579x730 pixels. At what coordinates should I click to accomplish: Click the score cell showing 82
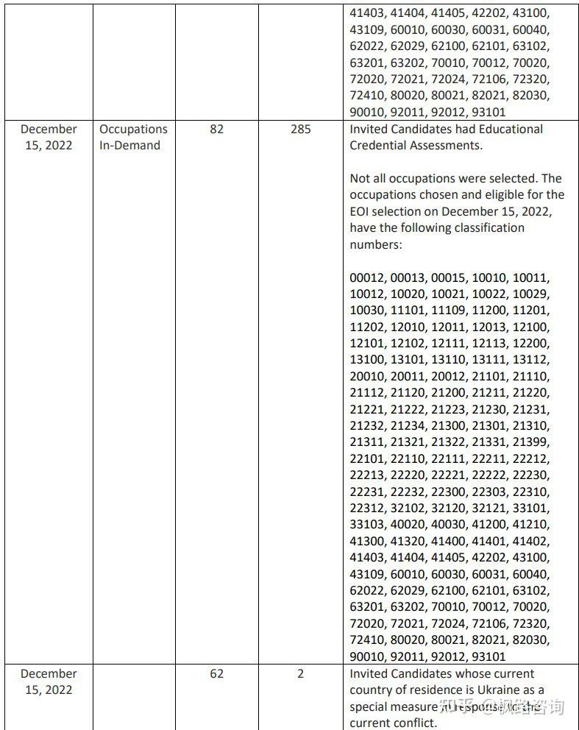tap(216, 129)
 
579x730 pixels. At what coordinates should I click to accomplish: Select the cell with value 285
tap(300, 129)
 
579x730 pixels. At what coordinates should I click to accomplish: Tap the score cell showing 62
tap(216, 673)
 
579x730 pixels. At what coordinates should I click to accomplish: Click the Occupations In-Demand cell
tap(133, 137)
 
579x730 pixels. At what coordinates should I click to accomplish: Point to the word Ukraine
tap(494, 690)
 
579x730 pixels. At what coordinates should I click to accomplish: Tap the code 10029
tap(530, 294)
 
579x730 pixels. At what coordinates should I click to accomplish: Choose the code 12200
tap(530, 344)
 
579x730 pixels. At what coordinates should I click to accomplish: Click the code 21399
tap(530, 442)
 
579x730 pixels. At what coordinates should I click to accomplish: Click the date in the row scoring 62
tap(49, 681)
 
